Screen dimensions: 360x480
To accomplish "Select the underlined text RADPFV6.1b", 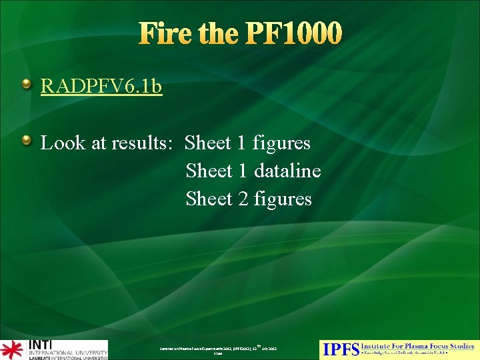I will [x=101, y=87].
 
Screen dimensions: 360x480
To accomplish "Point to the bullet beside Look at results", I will [x=26, y=141].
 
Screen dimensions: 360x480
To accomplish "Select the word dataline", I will [x=287, y=171].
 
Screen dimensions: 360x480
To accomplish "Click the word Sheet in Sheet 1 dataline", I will [x=209, y=171].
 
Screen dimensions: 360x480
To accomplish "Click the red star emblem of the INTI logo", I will [x=11, y=350].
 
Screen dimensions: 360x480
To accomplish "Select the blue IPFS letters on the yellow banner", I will [x=339, y=349].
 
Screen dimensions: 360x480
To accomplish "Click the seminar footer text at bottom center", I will [x=218, y=349].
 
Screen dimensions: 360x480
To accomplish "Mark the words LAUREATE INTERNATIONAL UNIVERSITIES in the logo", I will [x=67, y=357].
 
